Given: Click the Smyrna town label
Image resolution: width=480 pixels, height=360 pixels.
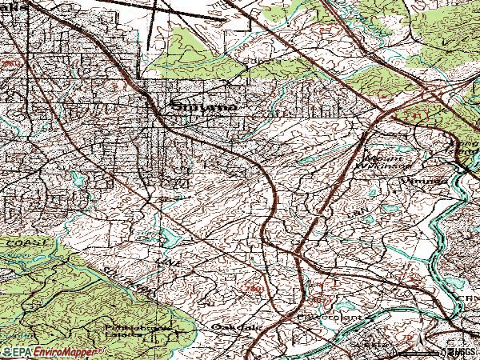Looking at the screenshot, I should pos(203,106).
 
